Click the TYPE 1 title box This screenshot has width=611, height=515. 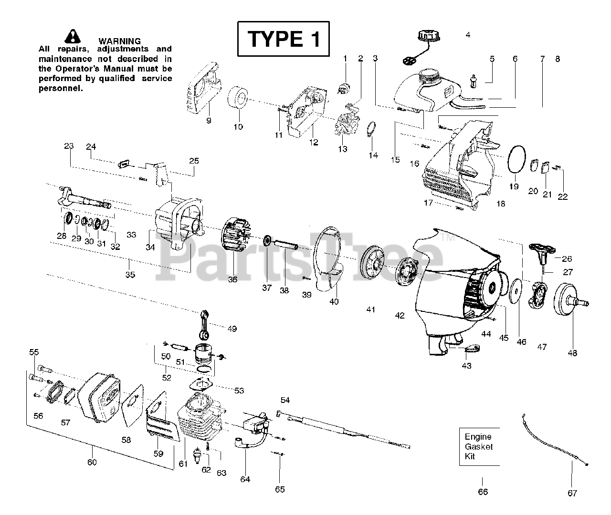283,39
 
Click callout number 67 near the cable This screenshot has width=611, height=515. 572,493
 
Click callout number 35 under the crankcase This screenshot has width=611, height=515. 130,275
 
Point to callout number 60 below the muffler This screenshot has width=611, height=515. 92,462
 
